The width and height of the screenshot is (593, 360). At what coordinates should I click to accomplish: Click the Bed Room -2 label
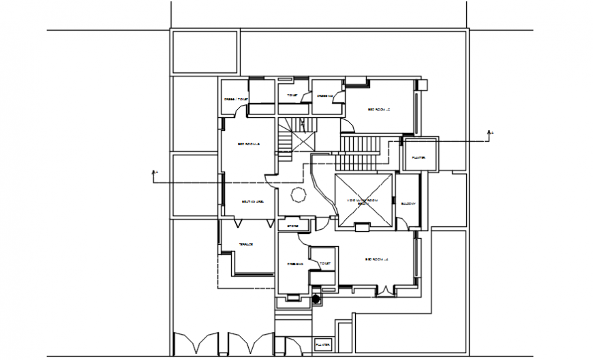(378, 109)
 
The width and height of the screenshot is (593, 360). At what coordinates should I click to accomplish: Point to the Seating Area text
(252, 202)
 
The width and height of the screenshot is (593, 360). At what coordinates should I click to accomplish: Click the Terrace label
(246, 245)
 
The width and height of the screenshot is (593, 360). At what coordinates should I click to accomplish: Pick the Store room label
(292, 225)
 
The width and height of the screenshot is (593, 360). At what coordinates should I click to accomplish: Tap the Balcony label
(408, 203)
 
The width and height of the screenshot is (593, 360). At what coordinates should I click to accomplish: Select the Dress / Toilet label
(236, 100)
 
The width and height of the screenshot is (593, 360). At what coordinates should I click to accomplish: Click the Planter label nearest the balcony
(419, 157)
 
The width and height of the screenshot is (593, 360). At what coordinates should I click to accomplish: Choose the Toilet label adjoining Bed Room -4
(324, 263)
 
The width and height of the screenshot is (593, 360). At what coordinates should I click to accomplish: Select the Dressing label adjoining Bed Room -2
(324, 95)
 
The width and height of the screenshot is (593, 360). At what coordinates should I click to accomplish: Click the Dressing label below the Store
(294, 264)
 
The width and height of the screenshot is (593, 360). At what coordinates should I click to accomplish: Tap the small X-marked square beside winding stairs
(304, 142)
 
